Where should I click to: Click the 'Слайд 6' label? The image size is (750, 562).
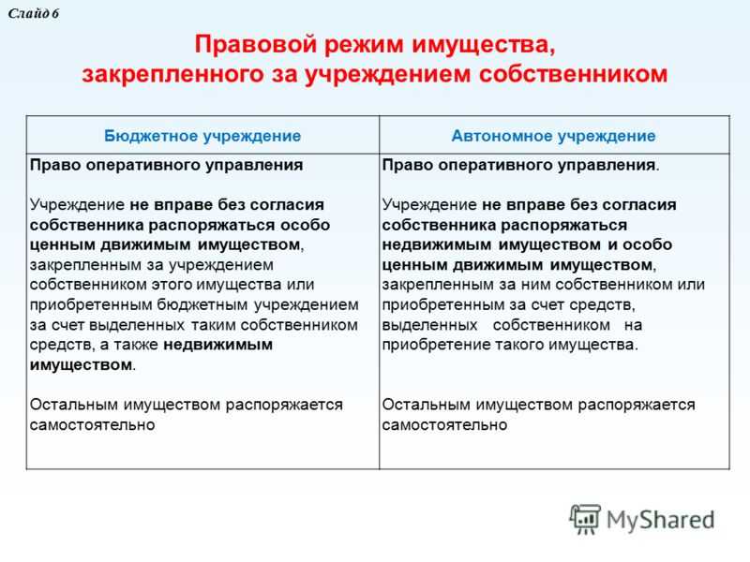click(33, 13)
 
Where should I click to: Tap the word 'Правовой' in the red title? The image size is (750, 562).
click(256, 44)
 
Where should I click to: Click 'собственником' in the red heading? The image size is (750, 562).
click(573, 74)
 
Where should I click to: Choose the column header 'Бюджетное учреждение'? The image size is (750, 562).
click(202, 136)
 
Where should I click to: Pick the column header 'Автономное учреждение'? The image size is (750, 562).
click(553, 136)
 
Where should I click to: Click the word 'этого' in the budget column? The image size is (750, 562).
click(172, 285)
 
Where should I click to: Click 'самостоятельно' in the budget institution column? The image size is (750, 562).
click(92, 425)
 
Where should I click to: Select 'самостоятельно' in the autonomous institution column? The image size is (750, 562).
click(444, 425)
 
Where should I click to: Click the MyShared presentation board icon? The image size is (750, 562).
click(584, 519)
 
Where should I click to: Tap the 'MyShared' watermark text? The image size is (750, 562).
click(661, 520)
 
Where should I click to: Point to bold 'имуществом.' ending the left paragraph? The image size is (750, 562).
click(82, 365)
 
